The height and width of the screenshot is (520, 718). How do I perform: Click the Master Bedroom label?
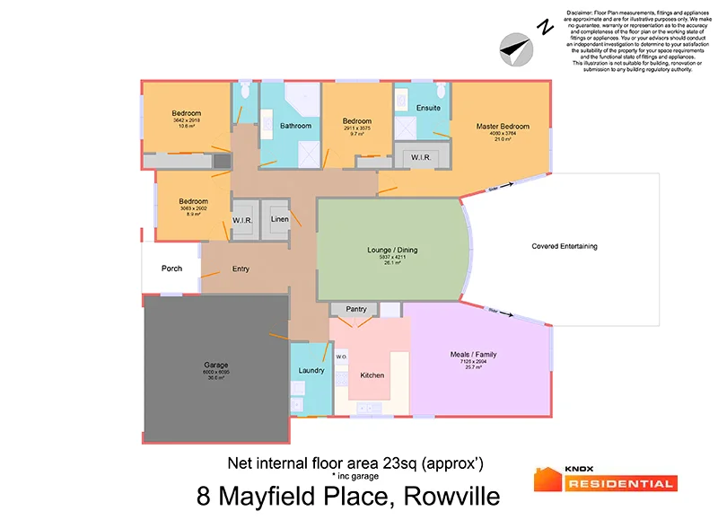click(x=502, y=127)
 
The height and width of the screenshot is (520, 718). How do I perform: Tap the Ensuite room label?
click(x=428, y=108)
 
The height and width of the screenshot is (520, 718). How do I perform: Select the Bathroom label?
click(x=295, y=126)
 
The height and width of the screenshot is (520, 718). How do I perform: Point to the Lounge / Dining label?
click(x=393, y=250)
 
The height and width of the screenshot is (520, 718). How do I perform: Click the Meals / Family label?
click(x=473, y=354)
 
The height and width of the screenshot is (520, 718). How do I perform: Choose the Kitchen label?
click(x=372, y=375)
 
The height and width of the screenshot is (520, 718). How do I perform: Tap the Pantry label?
click(x=356, y=309)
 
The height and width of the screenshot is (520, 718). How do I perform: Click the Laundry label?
click(x=311, y=370)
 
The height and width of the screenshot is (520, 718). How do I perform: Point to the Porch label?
click(x=171, y=268)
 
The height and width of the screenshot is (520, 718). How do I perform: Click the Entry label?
click(x=241, y=268)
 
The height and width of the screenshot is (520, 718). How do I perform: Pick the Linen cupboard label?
click(x=280, y=219)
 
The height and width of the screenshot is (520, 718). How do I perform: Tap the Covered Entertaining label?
click(x=564, y=246)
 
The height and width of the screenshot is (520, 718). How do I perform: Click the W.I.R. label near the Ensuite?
click(x=421, y=157)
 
